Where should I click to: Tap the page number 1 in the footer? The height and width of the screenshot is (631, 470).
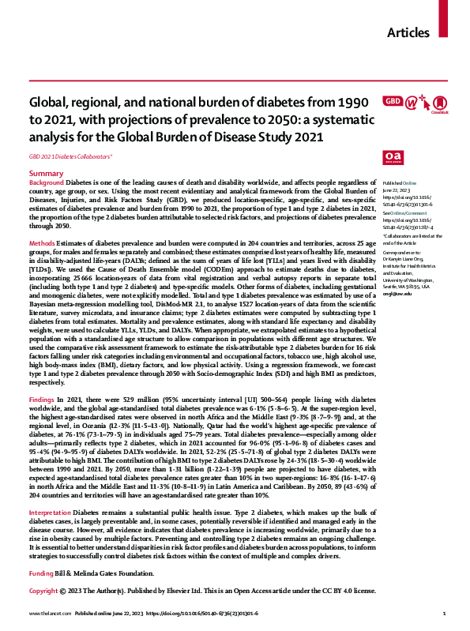[x=444, y=613]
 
